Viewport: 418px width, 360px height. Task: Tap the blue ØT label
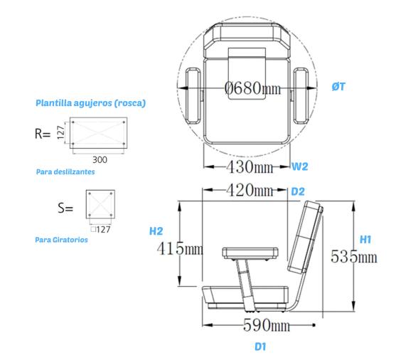pos(339,86)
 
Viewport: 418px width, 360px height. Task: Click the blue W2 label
pos(300,167)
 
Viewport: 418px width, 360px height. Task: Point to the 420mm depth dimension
pos(245,191)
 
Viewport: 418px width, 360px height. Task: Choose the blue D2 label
pos(298,191)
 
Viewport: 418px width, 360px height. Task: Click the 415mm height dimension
pos(179,249)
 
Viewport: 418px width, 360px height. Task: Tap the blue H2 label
pos(156,231)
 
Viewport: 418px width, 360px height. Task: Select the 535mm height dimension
pos(354,257)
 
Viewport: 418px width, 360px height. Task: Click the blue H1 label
pos(365,240)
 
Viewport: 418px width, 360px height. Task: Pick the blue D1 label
pos(260,347)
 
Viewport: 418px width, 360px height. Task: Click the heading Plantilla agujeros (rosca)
pos(90,103)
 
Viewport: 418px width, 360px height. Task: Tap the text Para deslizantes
pos(65,171)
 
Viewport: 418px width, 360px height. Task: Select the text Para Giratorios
pos(61,240)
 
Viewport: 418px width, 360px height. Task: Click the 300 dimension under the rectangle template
pos(99,159)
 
